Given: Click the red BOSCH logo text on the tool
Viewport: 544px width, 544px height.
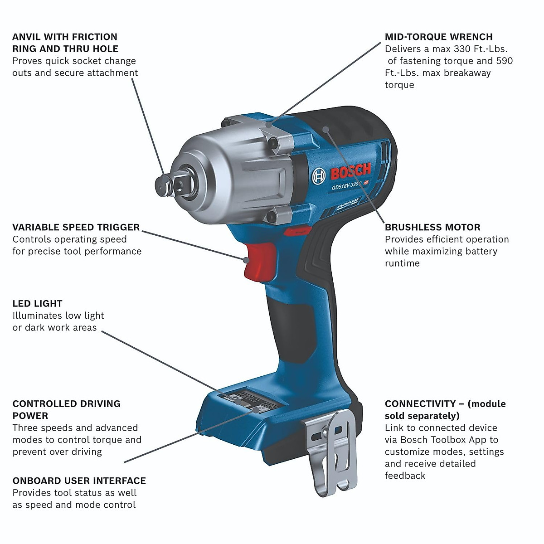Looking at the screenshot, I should pyautogui.click(x=350, y=172).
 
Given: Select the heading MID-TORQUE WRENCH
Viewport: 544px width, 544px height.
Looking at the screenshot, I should pyautogui.click(x=438, y=37).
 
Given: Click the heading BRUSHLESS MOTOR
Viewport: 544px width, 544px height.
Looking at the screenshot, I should pyautogui.click(x=432, y=228).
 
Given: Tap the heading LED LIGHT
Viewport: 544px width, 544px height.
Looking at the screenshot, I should pyautogui.click(x=37, y=304).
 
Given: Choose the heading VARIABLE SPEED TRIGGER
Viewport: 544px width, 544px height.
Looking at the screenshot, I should pyautogui.click(x=76, y=228).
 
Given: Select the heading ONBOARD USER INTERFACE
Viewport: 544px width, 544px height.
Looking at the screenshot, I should pyautogui.click(x=79, y=481).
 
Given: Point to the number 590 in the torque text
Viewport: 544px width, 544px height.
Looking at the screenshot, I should pyautogui.click(x=504, y=61).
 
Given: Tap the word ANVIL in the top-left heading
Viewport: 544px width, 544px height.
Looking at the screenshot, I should pyautogui.click(x=26, y=37).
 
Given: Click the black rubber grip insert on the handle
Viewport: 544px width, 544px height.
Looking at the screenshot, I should pyautogui.click(x=290, y=322).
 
